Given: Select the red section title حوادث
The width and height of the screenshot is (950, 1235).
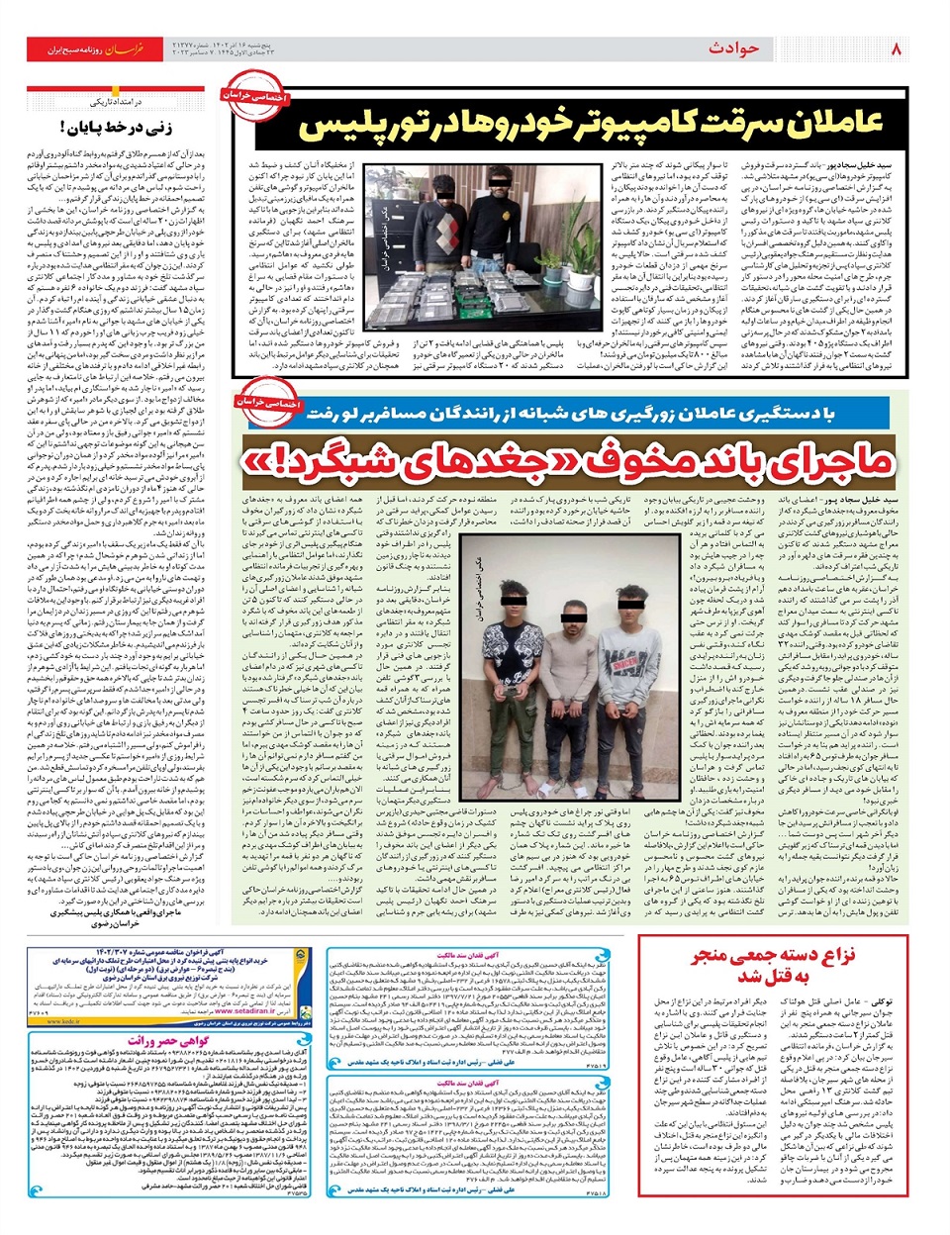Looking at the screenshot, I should pyautogui.click(x=733, y=47).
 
